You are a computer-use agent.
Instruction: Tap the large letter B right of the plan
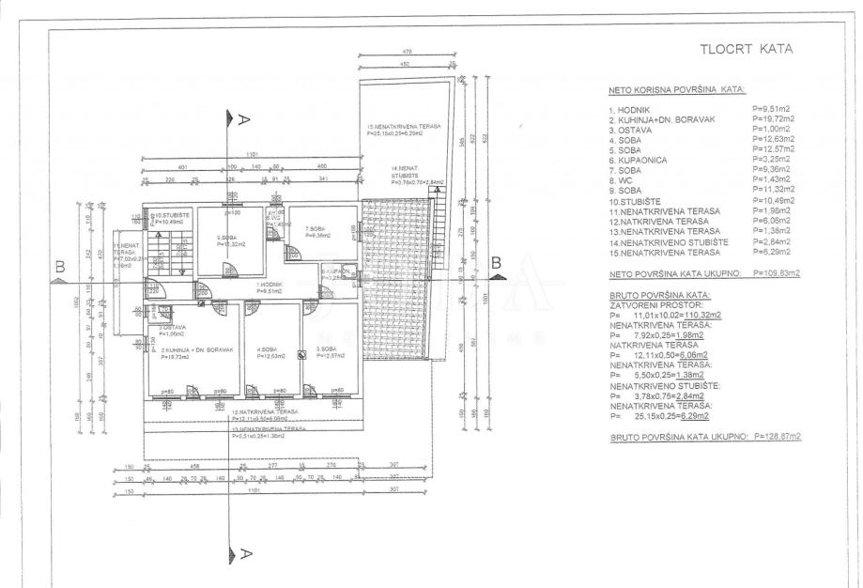(x=499, y=262)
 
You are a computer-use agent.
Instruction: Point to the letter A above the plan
(x=244, y=119)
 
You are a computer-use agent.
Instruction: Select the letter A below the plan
(x=244, y=553)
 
